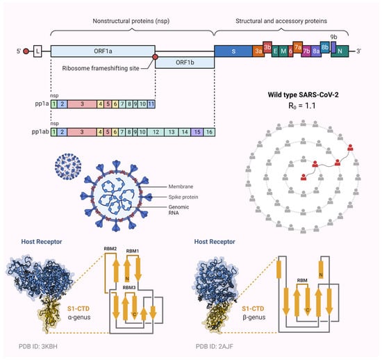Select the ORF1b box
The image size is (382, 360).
tap(184, 63)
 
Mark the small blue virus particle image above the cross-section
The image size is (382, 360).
tap(70, 170)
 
